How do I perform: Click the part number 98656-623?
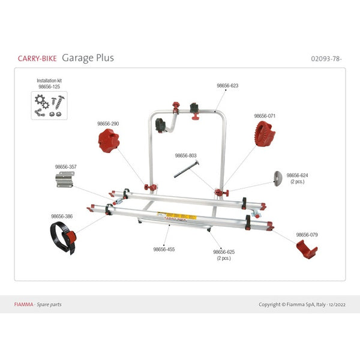[227, 86]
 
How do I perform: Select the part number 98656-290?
[108, 124]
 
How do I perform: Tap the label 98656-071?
[265, 116]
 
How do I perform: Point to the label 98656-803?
[186, 155]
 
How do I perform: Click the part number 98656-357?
[66, 166]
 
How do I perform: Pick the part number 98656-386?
[62, 216]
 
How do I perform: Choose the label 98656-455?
[164, 249]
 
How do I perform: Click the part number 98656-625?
[224, 252]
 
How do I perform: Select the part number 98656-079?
[307, 235]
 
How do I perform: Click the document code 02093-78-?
[329, 58]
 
